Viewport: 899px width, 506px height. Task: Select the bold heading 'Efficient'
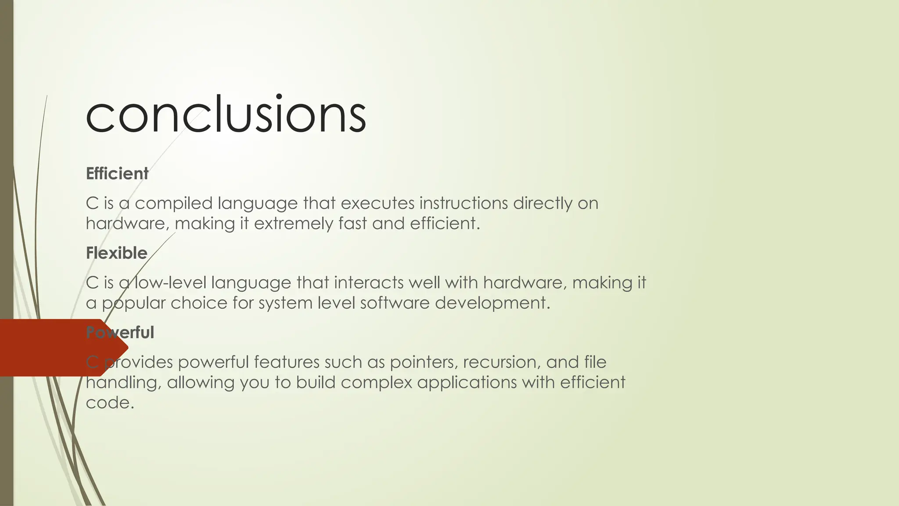[x=117, y=174]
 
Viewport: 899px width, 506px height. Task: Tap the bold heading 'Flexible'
[x=116, y=253]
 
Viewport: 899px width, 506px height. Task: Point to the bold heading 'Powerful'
[x=120, y=333]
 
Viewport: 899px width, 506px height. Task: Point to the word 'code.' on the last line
[x=110, y=403]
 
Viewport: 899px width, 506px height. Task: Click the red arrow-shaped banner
[x=53, y=348]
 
